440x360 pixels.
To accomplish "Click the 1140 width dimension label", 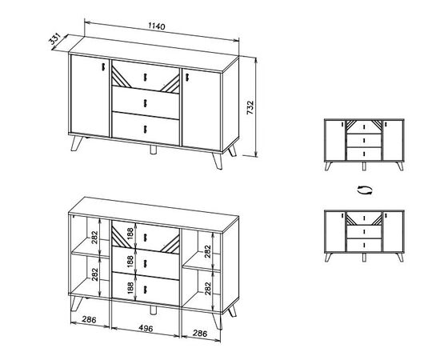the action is point(157,26).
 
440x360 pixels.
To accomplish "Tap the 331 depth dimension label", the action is point(54,39).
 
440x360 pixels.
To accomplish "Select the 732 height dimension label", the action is point(250,108).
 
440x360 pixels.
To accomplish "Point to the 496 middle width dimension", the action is point(146,328).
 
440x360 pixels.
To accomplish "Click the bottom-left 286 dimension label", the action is point(89,319).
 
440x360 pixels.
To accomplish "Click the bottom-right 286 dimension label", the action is point(200,333).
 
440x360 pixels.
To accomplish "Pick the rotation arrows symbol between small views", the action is point(365,190).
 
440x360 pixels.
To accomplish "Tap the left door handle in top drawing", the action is point(103,66).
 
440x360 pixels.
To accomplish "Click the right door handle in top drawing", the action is point(187,78).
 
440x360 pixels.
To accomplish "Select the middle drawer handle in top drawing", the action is point(145,103).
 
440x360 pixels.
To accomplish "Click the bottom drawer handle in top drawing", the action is point(145,129).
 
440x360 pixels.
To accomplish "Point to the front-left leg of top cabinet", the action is point(77,143).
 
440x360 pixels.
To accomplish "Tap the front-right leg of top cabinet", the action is point(218,161).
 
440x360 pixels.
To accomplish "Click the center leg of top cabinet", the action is point(153,150).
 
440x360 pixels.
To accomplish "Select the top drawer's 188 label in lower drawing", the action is point(130,234).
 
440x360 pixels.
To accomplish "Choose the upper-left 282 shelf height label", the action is point(94,238).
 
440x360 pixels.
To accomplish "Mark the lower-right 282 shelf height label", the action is point(208,288).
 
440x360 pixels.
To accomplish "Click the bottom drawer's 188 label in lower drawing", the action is point(130,288).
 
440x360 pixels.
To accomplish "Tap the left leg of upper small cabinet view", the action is point(328,166).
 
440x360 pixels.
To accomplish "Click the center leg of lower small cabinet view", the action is point(364,258).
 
